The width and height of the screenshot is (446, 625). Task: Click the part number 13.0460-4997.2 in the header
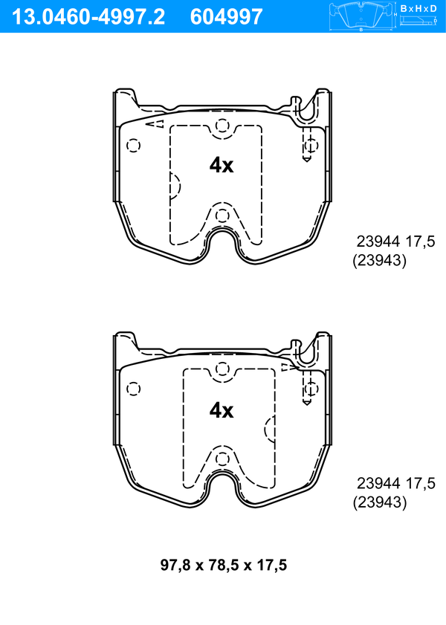88,17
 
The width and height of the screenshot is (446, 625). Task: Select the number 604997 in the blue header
227,17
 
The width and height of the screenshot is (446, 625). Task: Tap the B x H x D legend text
418,8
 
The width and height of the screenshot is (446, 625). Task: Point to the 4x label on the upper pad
222,165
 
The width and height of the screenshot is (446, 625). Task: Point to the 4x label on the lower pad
222,410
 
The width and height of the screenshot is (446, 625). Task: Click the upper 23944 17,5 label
395,242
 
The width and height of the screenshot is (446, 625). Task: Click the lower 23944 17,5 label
395,483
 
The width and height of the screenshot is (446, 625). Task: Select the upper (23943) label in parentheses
379,261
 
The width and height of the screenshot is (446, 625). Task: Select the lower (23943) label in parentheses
380,502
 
